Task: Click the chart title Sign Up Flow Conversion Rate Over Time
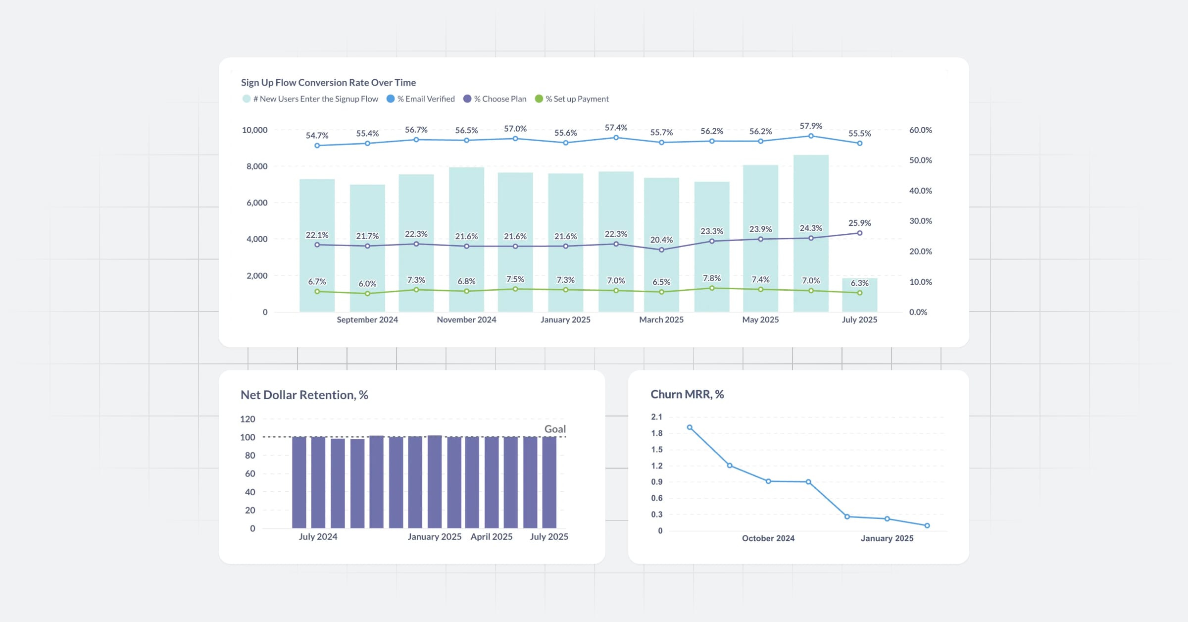pyautogui.click(x=328, y=83)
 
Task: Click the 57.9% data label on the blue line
pyautogui.click(x=811, y=126)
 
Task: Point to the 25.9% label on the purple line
pyautogui.click(x=859, y=223)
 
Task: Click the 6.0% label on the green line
pyautogui.click(x=367, y=284)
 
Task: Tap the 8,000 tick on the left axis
pyautogui.click(x=257, y=166)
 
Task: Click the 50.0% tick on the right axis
pyautogui.click(x=920, y=160)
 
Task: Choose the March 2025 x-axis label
pyautogui.click(x=661, y=320)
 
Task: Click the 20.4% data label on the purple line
pyautogui.click(x=661, y=240)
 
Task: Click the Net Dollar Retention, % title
pyautogui.click(x=304, y=395)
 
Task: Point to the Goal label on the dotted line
pyautogui.click(x=555, y=429)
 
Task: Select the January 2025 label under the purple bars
pyautogui.click(x=434, y=537)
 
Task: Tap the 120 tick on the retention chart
pyautogui.click(x=247, y=419)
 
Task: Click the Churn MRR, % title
pyautogui.click(x=687, y=395)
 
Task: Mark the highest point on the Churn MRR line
pyautogui.click(x=690, y=427)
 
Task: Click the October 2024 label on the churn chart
pyautogui.click(x=768, y=538)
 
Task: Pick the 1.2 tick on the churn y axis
pyautogui.click(x=657, y=466)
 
